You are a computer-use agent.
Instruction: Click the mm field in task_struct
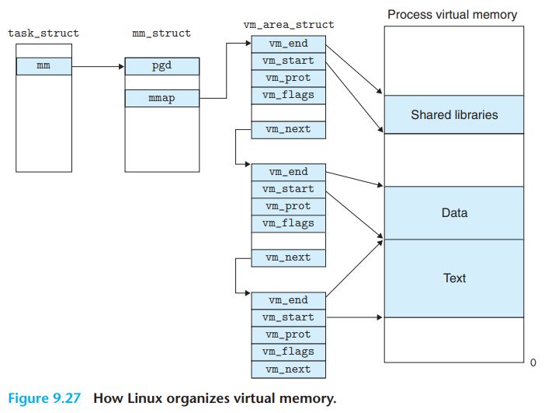(44, 66)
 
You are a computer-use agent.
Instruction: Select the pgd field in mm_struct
(162, 66)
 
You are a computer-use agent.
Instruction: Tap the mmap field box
(162, 99)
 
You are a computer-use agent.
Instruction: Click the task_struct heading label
(43, 33)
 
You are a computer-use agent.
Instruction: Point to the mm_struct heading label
(161, 33)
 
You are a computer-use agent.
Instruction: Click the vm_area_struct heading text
(289, 25)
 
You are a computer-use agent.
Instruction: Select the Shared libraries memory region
(454, 114)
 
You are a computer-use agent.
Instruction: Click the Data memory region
(454, 213)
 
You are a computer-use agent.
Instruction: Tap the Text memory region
(454, 278)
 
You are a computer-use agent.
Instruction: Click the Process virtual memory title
(453, 15)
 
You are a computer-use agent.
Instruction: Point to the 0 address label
(533, 362)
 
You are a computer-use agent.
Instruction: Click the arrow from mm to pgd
(99, 66)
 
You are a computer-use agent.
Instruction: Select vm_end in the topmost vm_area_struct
(289, 44)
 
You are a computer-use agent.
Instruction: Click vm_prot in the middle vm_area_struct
(289, 207)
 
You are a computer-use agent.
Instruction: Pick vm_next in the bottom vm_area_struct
(289, 369)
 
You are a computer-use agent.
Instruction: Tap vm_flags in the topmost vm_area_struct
(289, 96)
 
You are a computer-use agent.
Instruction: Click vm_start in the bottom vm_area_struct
(289, 318)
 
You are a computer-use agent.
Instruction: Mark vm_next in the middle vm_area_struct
(289, 258)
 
